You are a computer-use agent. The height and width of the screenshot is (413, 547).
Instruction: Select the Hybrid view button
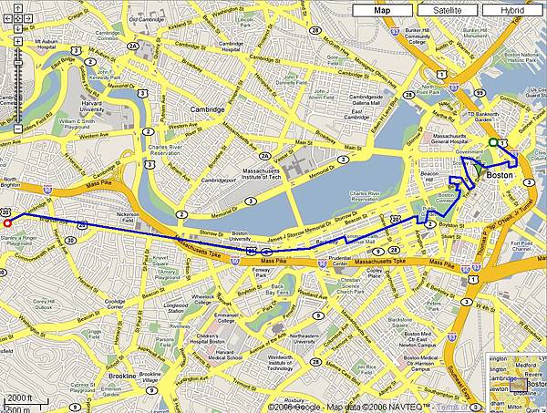click(x=512, y=10)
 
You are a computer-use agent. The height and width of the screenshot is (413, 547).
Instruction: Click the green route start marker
click(x=492, y=142)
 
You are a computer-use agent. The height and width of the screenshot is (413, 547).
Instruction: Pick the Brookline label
click(x=121, y=376)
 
